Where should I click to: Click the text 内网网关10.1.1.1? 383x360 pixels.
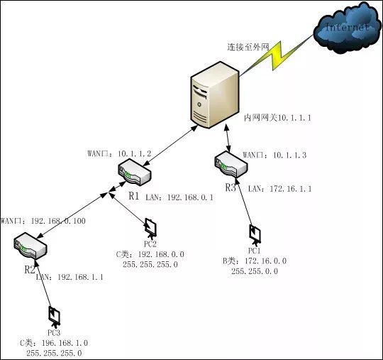click(x=277, y=116)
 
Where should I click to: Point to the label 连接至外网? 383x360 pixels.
click(x=248, y=47)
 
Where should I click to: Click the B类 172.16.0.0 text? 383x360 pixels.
click(x=255, y=261)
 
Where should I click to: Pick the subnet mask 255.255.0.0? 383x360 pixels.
click(x=255, y=271)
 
